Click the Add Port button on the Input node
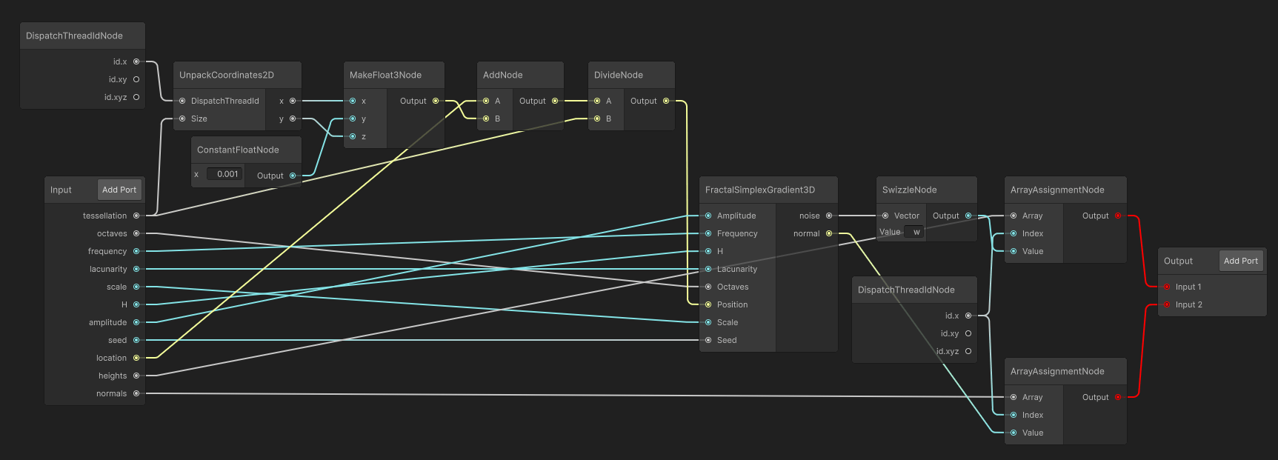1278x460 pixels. tap(119, 190)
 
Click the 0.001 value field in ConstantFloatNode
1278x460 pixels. tap(224, 174)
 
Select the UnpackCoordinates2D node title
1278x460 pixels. tap(227, 75)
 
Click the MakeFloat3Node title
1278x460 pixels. tap(385, 75)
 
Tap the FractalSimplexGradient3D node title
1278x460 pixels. tap(760, 190)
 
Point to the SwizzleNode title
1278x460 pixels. tap(909, 190)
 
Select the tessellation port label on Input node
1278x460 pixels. tap(105, 216)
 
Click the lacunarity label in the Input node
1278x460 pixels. tap(108, 269)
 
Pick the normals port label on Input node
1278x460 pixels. tap(111, 393)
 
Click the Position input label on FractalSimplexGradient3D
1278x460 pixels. tap(732, 304)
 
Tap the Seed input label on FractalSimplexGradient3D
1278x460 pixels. tap(727, 340)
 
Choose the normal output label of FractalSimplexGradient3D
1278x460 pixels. tap(807, 233)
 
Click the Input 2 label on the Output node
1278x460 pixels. tap(1188, 304)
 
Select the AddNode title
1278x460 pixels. tap(502, 75)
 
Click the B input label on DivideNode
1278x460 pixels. tap(608, 119)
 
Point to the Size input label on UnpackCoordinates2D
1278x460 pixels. tap(199, 119)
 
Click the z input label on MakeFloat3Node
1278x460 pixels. tap(364, 136)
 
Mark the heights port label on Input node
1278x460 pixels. tap(113, 376)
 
